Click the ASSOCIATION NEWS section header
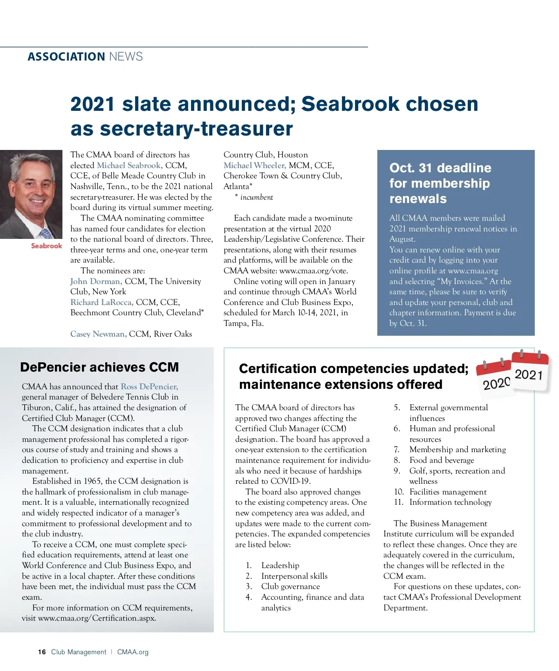(85, 57)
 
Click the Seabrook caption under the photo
(46, 246)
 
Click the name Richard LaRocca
(102, 302)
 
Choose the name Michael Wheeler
(254, 165)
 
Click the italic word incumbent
(256, 197)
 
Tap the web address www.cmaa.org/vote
(314, 271)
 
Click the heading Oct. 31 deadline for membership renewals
(440, 183)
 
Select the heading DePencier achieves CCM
(99, 367)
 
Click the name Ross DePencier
(149, 386)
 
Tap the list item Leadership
(280, 565)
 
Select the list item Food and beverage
(442, 460)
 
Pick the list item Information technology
(450, 502)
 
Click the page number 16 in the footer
(42, 652)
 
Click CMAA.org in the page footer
(133, 652)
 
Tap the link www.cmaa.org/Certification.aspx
(97, 618)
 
